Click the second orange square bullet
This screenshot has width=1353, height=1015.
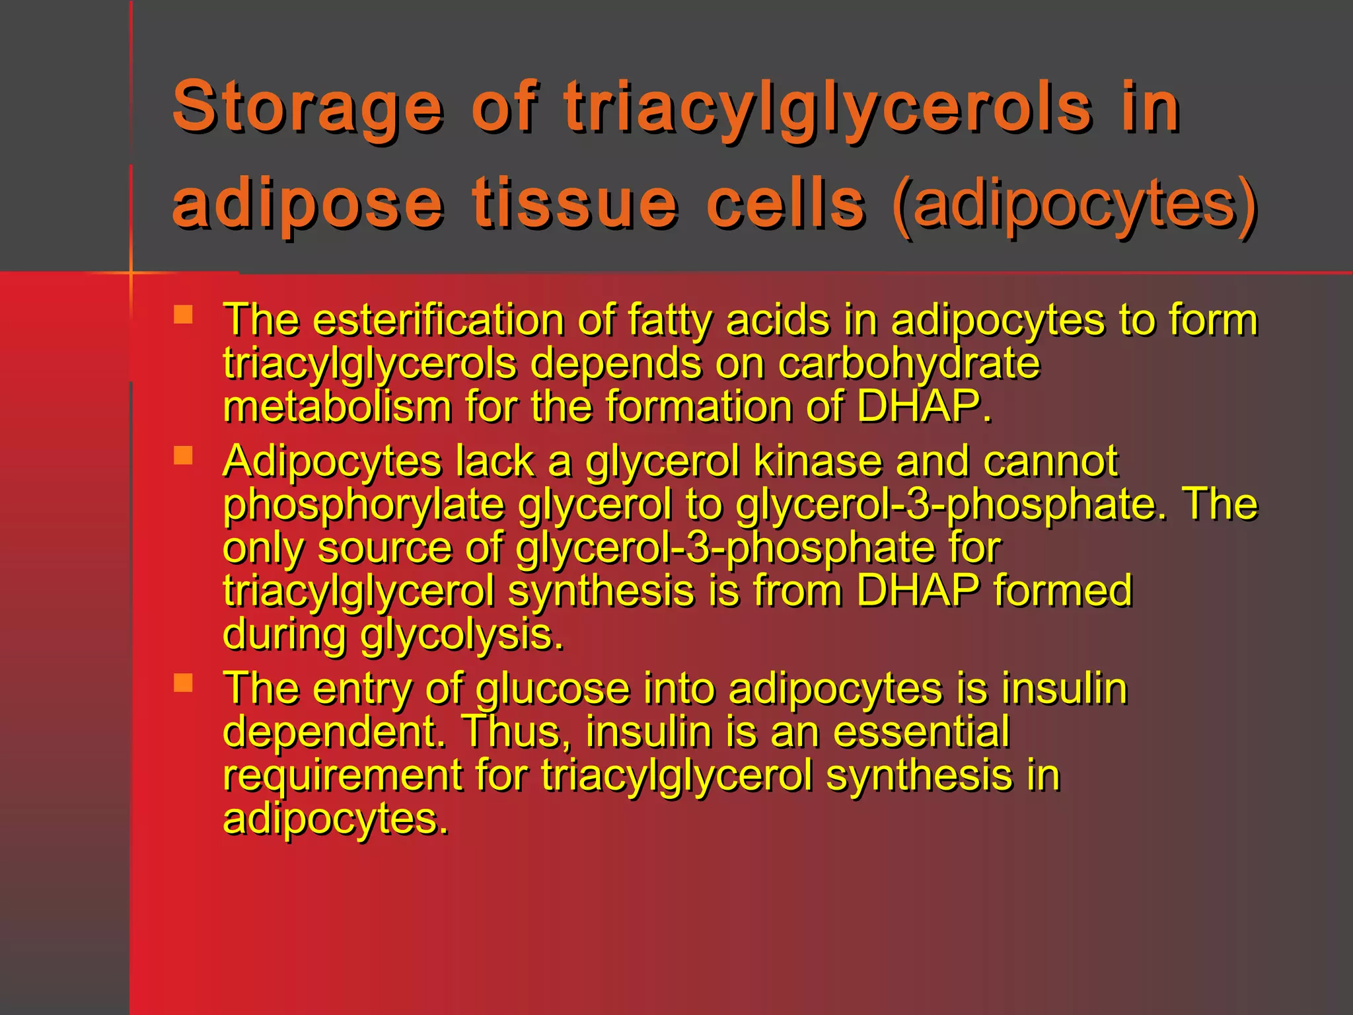(183, 455)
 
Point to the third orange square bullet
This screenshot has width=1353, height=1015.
(183, 683)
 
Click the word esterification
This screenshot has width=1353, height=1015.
(437, 320)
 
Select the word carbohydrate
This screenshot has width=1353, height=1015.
(909, 363)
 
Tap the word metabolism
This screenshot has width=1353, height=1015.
(337, 406)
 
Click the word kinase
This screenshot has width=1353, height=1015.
(817, 461)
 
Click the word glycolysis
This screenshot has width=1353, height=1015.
(462, 634)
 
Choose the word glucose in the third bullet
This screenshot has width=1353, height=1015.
(553, 689)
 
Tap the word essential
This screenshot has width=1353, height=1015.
(921, 732)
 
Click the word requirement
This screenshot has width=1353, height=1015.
(342, 775)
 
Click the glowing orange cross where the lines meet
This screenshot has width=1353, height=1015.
(131, 272)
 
